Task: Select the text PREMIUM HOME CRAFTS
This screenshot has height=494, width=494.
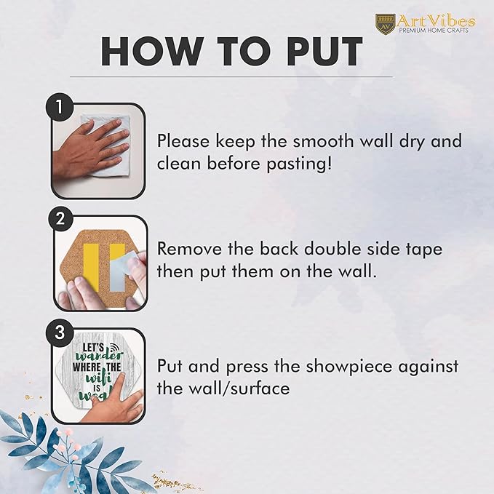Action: click(434, 31)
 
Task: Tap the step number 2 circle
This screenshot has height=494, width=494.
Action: click(60, 218)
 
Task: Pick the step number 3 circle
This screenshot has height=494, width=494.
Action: click(60, 332)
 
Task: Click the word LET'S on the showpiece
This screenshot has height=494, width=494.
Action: click(94, 348)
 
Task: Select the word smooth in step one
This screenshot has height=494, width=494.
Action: click(324, 141)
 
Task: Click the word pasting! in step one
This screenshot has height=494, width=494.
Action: click(299, 164)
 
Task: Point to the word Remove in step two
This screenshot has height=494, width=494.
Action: click(189, 249)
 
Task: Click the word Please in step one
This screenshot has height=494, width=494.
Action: click(183, 141)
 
